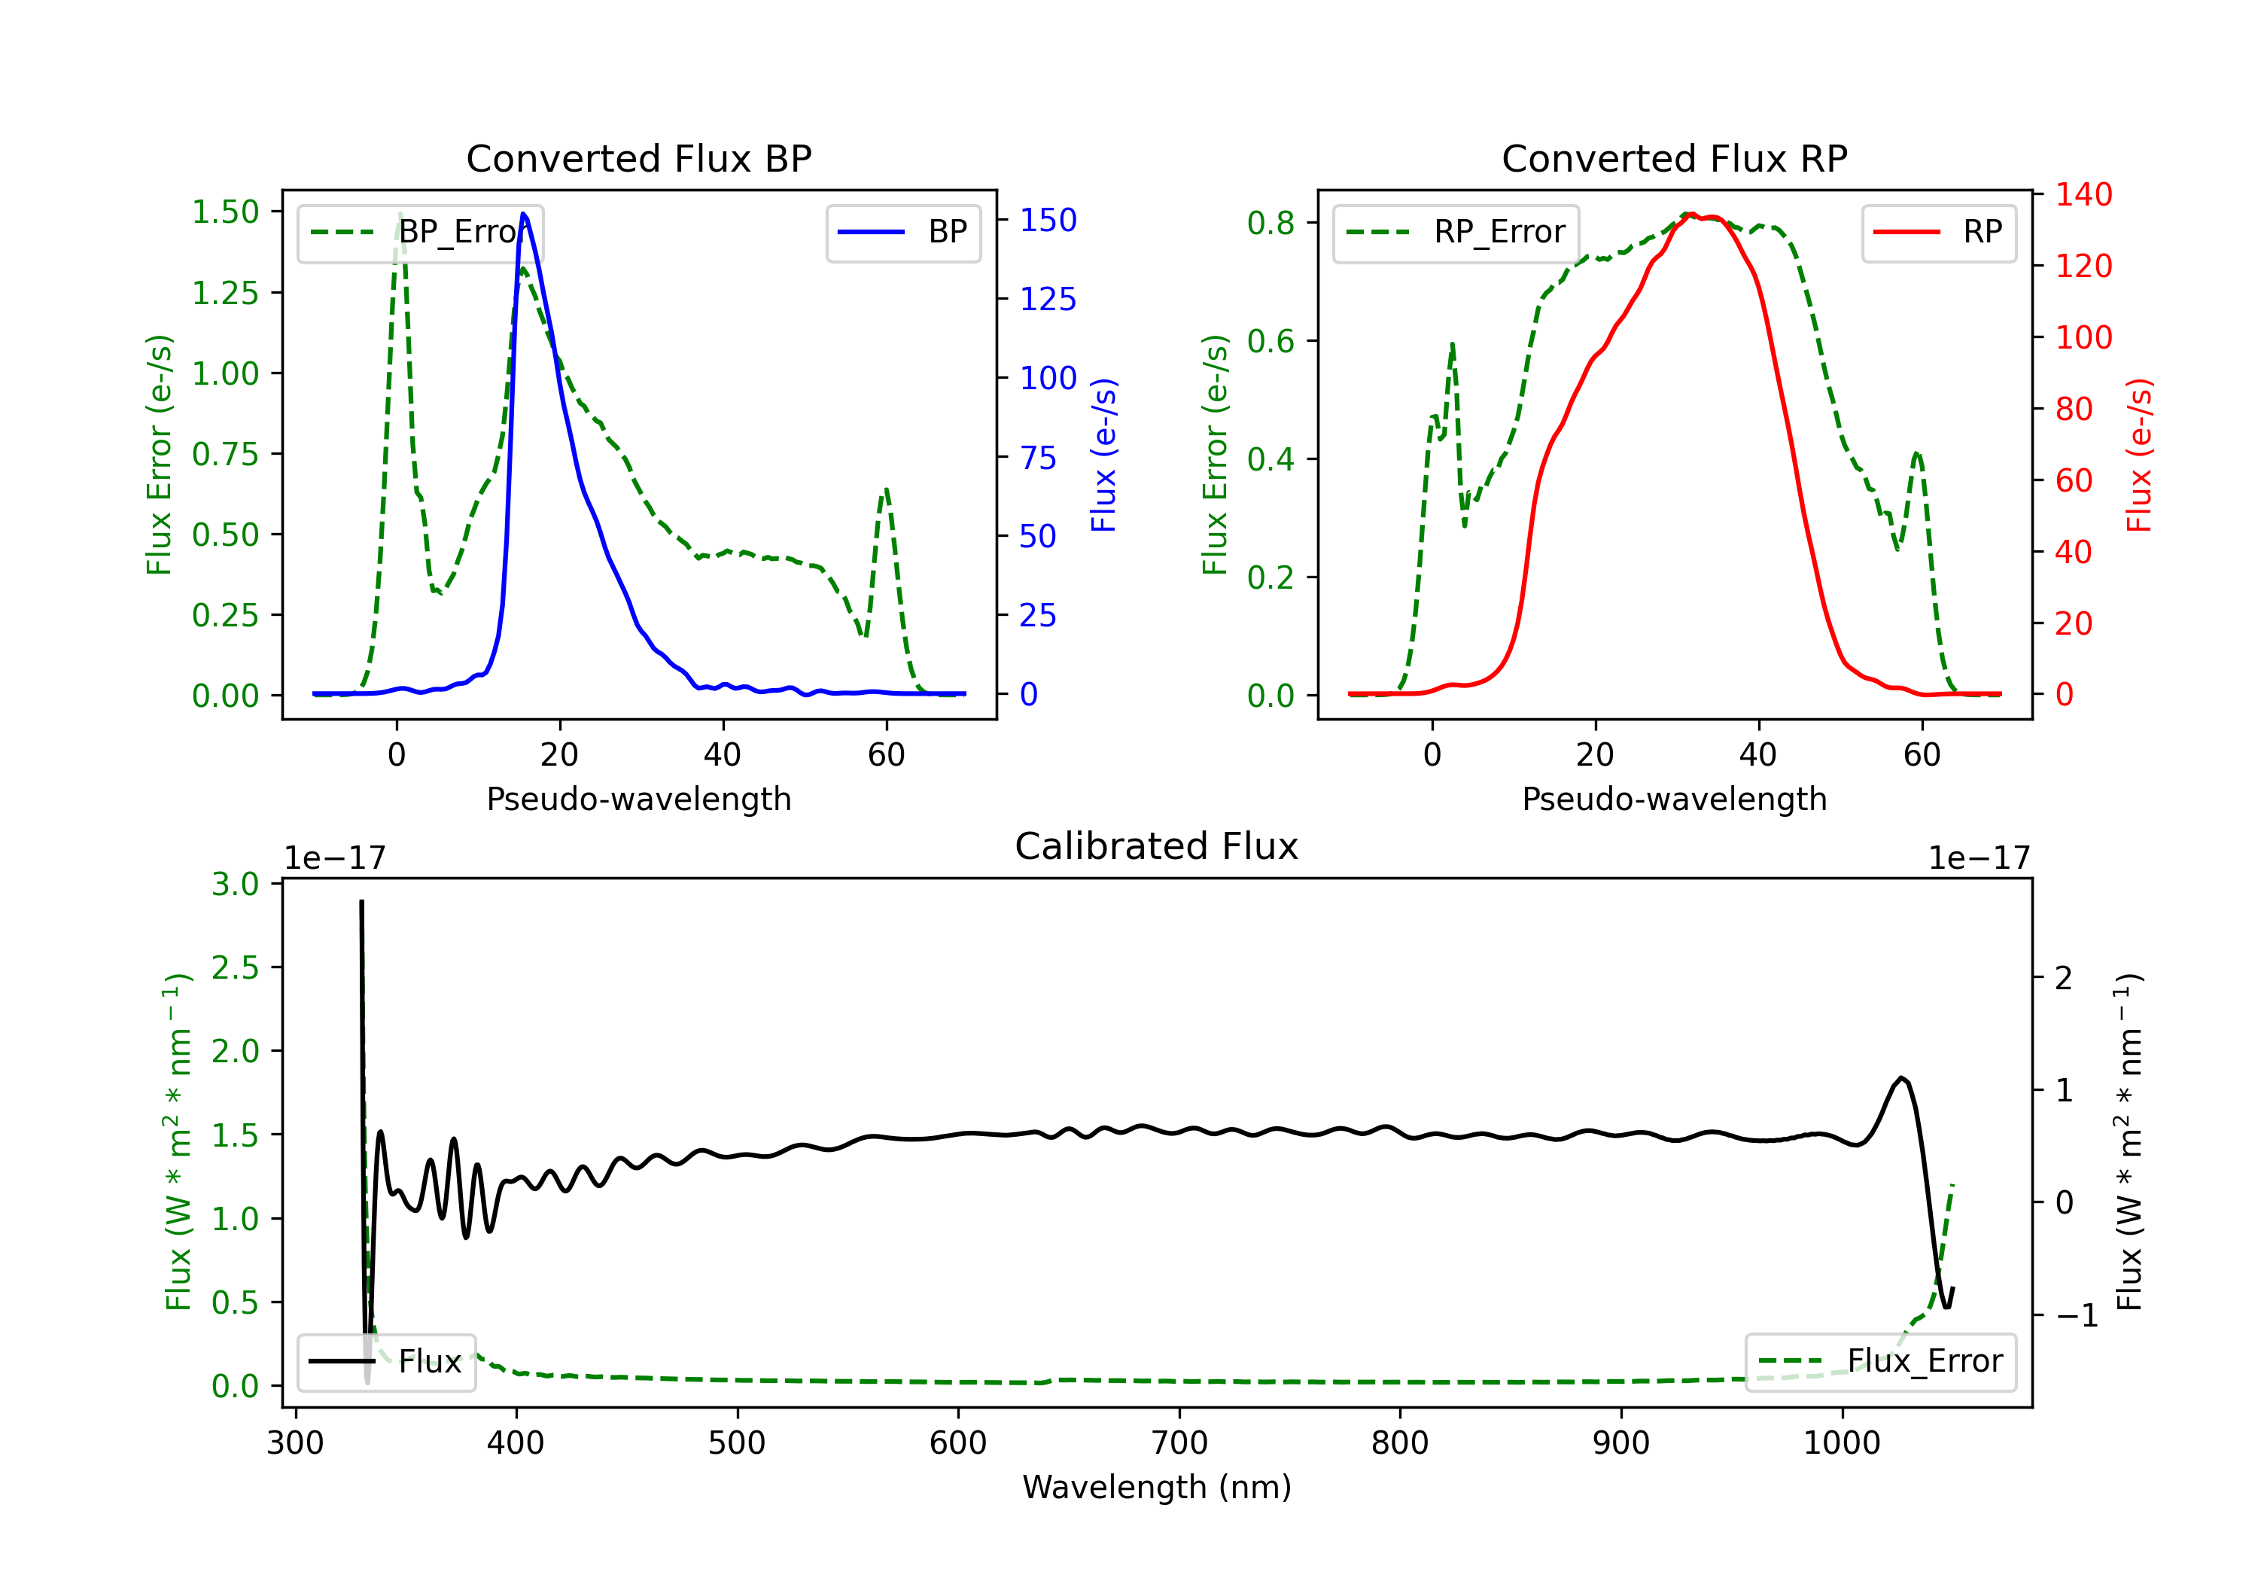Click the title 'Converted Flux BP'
[639, 158]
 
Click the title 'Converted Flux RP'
[1674, 158]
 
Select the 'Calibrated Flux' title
[1157, 846]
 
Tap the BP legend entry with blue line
[902, 232]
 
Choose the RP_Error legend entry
[1456, 232]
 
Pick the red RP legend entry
[1938, 232]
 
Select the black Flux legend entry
[385, 1362]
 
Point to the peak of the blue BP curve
[523, 214]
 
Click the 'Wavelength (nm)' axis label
[1157, 1487]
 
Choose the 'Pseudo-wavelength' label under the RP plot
[1674, 799]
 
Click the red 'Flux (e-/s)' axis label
[2139, 455]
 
